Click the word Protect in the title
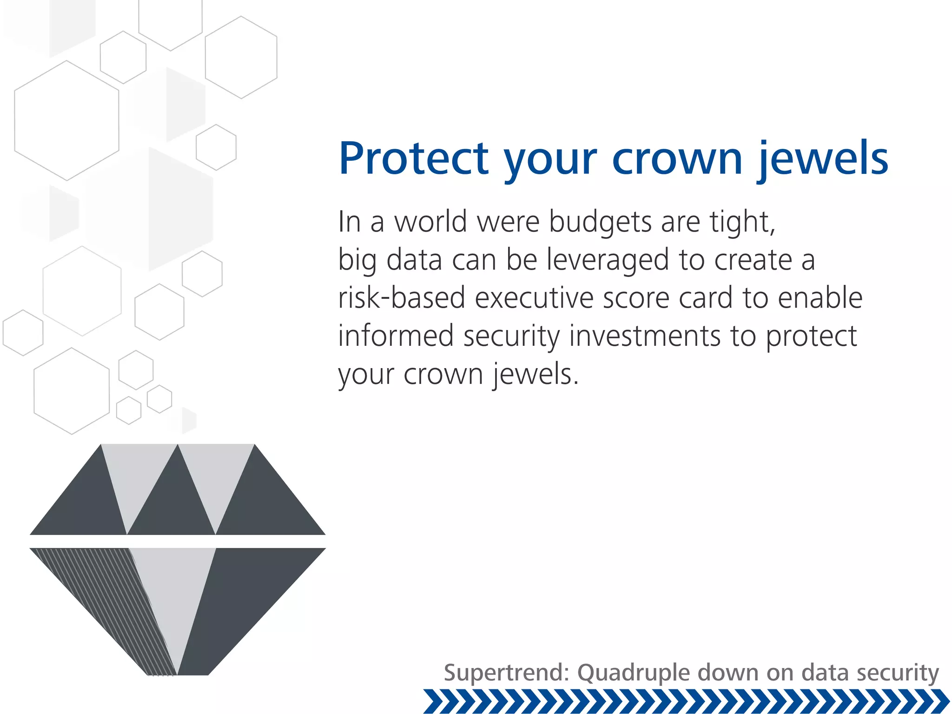pos(414,159)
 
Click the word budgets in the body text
pos(600,222)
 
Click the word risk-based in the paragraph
pos(402,298)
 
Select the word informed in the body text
pos(396,336)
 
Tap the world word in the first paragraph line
pos(430,222)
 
